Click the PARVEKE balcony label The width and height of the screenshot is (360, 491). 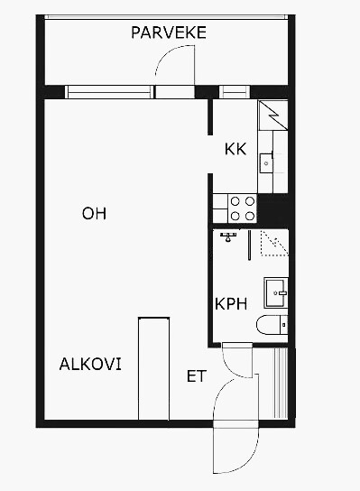[169, 32]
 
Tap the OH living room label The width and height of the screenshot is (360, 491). [94, 213]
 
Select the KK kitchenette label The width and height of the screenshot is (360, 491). [235, 149]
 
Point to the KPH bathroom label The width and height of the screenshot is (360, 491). [231, 304]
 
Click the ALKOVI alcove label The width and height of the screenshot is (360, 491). [90, 364]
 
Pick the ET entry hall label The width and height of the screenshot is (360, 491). [197, 376]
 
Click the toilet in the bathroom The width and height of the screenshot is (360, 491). [272, 325]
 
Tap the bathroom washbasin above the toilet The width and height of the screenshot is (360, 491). [276, 292]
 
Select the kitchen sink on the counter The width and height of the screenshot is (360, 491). [266, 162]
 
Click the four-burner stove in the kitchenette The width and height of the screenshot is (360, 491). [243, 208]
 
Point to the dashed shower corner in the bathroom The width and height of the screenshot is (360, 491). [274, 244]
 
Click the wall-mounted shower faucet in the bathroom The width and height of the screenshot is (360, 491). [228, 236]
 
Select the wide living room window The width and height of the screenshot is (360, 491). [109, 92]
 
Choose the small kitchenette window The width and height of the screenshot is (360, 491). [235, 92]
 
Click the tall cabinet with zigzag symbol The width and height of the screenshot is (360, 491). [272, 116]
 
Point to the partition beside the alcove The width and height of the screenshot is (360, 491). [153, 368]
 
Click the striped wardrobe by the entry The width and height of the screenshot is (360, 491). [281, 383]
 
